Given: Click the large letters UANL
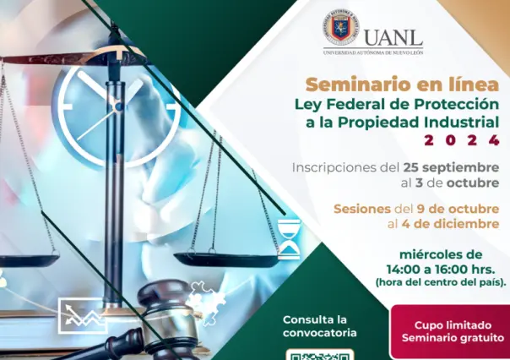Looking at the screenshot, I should pos(393,35).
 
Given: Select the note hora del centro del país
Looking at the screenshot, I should pos(442,281).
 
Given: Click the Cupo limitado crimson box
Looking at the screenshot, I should pos(449,331).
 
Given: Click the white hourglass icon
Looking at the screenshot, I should pos(289,238).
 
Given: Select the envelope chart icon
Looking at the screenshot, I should pos(83,315).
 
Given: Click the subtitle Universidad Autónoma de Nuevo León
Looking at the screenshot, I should pos(372,52).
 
